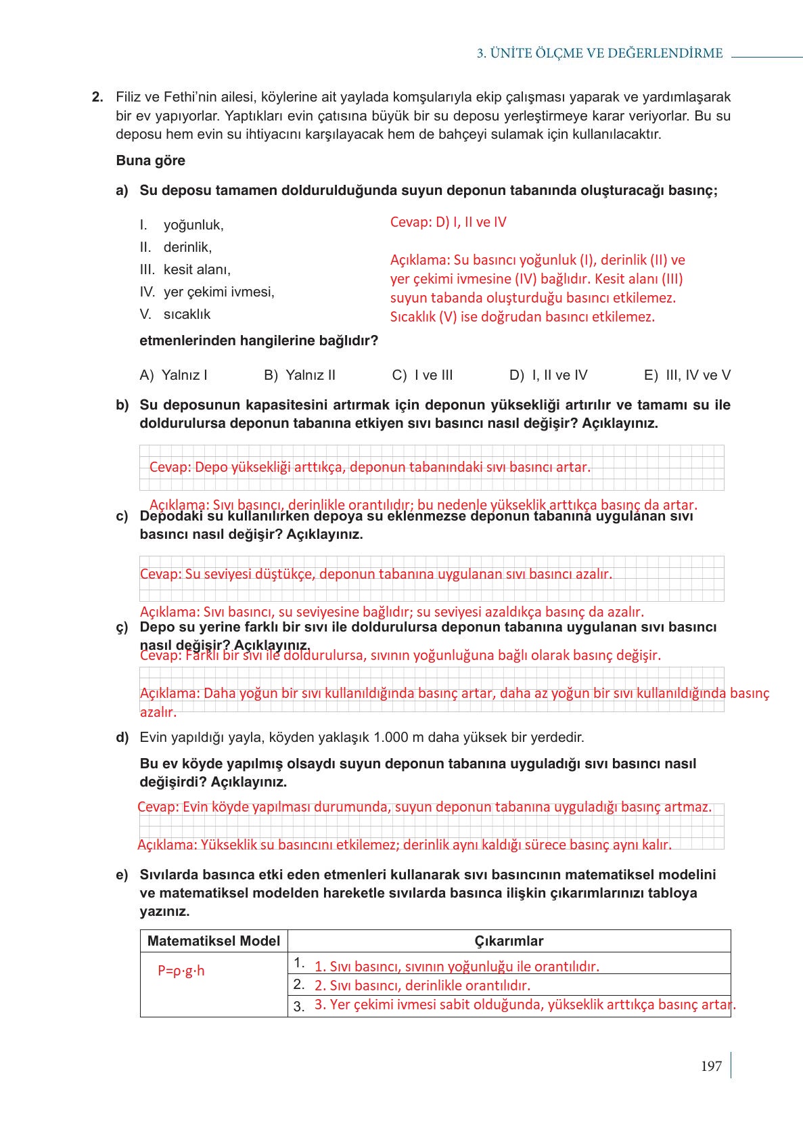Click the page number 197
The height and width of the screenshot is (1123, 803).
pos(711,1066)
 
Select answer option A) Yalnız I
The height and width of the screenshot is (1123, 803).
pos(173,375)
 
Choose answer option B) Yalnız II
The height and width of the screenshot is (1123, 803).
pos(300,375)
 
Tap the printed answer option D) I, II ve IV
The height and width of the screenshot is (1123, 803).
pos(548,375)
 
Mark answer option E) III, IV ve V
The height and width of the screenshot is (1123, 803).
pos(687,375)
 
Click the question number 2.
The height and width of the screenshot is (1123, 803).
pos(97,97)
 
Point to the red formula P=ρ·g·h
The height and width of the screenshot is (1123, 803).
pos(181,971)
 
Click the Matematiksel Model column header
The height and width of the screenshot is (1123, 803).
pos(213,941)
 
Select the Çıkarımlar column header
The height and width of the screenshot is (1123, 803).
pos(509,941)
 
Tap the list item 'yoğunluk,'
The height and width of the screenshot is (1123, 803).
pos(193,225)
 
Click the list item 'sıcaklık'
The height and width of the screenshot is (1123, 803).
pos(187,314)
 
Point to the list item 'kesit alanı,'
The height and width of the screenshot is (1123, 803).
pos(197,269)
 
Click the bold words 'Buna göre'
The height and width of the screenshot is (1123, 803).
pos(150,160)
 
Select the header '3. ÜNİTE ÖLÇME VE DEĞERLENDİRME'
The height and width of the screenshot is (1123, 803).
pos(599,53)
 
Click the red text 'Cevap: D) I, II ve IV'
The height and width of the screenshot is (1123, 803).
pos(448,222)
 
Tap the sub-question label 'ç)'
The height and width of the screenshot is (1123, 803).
pos(122,627)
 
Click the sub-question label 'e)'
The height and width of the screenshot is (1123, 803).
pos(122,875)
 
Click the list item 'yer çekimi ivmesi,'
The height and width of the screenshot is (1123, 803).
pos(219,292)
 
